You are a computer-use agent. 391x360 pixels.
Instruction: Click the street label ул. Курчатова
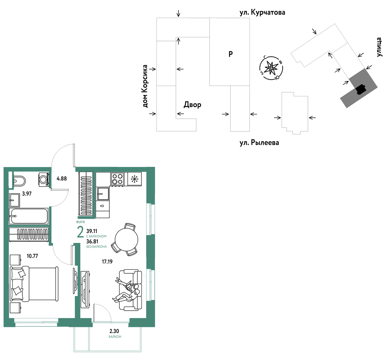262,12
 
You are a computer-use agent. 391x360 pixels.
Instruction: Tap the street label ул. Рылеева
259,143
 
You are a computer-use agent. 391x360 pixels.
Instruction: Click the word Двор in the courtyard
192,105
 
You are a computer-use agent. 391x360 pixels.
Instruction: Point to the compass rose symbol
271,68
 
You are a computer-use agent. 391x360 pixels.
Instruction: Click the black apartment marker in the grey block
361,89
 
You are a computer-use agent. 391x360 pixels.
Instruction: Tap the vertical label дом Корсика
145,86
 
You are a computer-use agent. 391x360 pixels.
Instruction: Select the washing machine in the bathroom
44,179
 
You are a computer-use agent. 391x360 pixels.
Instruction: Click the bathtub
29,216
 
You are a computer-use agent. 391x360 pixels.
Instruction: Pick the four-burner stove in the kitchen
117,179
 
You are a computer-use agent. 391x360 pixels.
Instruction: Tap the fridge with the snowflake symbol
134,179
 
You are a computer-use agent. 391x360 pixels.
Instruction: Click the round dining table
126,239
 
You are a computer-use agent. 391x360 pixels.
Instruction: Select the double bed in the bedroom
34,284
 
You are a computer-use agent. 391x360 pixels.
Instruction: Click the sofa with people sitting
128,290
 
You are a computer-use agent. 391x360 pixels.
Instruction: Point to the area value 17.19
107,262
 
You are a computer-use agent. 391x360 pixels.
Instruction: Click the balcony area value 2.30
114,331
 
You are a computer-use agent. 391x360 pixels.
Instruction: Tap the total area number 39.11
92,231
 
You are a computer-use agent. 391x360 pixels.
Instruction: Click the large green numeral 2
80,232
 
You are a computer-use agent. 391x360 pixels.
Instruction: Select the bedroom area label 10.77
32,256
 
